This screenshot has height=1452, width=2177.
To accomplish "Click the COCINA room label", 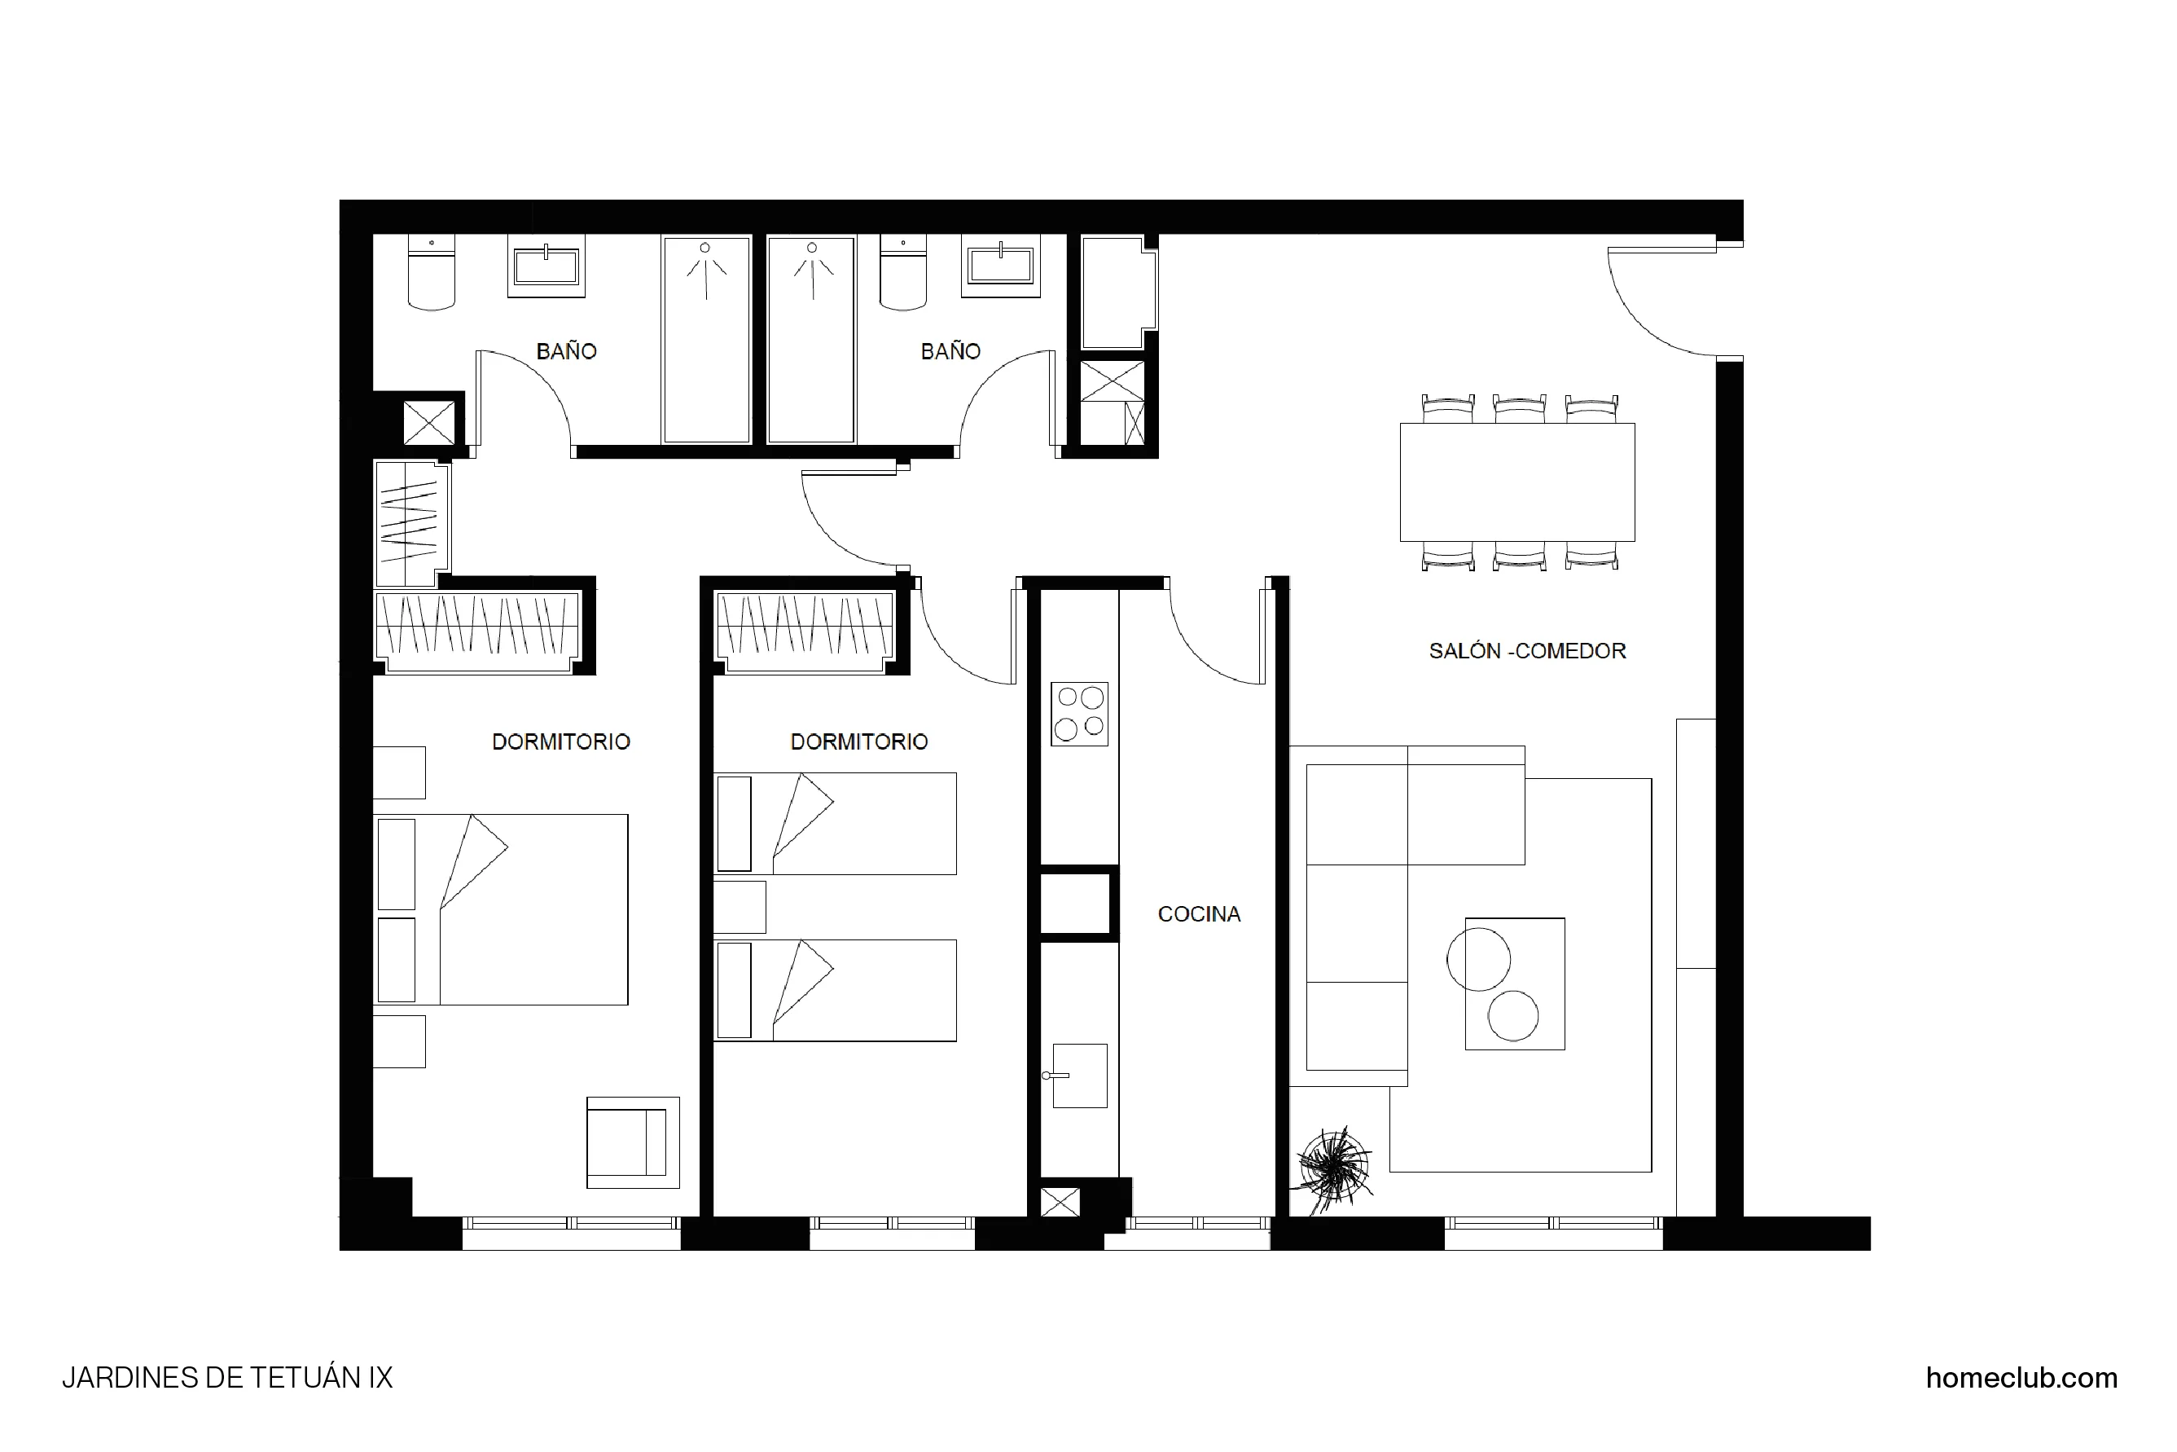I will pos(1198,914).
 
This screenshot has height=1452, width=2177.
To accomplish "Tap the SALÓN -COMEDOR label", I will pos(1526,651).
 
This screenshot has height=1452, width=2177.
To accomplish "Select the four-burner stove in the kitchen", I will pos(1079,714).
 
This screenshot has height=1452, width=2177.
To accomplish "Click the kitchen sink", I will pos(1079,1075).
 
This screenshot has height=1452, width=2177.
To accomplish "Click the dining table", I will pos(1516,482).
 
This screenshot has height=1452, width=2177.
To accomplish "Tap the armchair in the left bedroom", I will pos(632,1142).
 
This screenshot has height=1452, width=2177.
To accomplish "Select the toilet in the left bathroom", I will pos(432,273).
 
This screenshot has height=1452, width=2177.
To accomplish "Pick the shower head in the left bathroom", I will pos(705,249).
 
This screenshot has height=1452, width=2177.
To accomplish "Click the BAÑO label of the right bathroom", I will pos(950,352).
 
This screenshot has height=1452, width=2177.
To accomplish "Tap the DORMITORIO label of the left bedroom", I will pos(560,741).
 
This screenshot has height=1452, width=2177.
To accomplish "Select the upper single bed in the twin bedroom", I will pos(835,823).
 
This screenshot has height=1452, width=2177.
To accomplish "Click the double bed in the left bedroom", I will pos(501,909).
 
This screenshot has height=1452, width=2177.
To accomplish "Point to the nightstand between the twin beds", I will pos(739,907).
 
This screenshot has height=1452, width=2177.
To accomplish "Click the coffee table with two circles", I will pos(1514,983).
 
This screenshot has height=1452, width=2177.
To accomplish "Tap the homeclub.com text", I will pos(2021,1378).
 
